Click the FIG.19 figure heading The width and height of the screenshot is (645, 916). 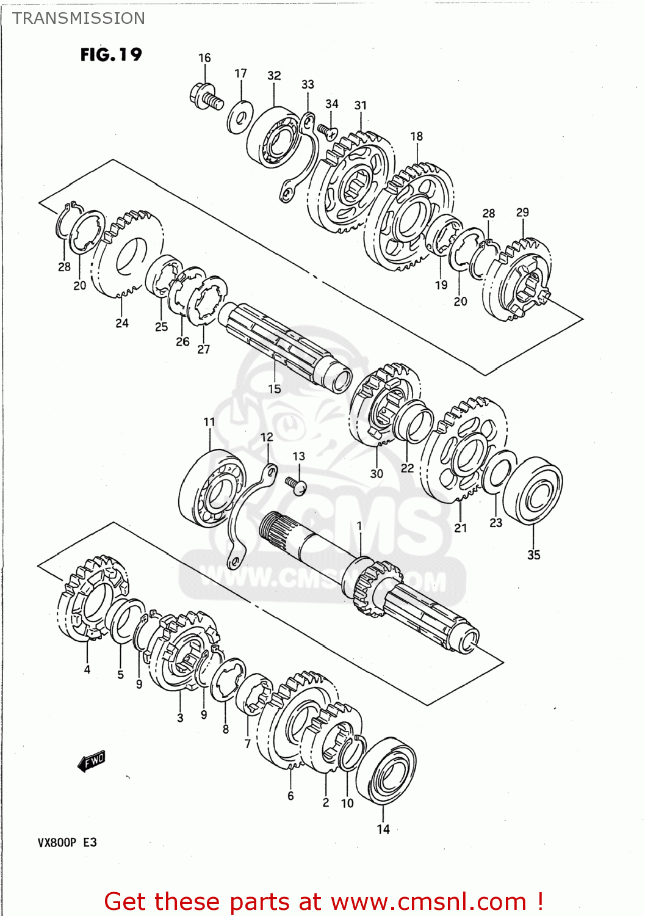tap(110, 54)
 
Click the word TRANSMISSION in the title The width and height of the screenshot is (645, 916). tap(79, 18)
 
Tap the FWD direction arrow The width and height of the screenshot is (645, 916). tap(92, 761)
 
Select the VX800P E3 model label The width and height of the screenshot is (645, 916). tap(67, 843)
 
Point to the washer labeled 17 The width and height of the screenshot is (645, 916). tap(240, 116)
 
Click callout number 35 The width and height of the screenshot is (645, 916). tap(533, 554)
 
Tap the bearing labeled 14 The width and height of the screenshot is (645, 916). tap(386, 771)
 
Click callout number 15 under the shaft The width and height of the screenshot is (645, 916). tap(274, 389)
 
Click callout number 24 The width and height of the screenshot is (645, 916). tap(122, 323)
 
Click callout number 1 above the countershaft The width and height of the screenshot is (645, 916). tap(359, 526)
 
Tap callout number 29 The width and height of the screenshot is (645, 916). tap(522, 213)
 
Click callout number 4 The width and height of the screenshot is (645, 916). tap(87, 669)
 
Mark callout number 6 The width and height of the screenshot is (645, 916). tap(290, 796)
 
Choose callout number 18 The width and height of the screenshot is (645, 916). tap(416, 136)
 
